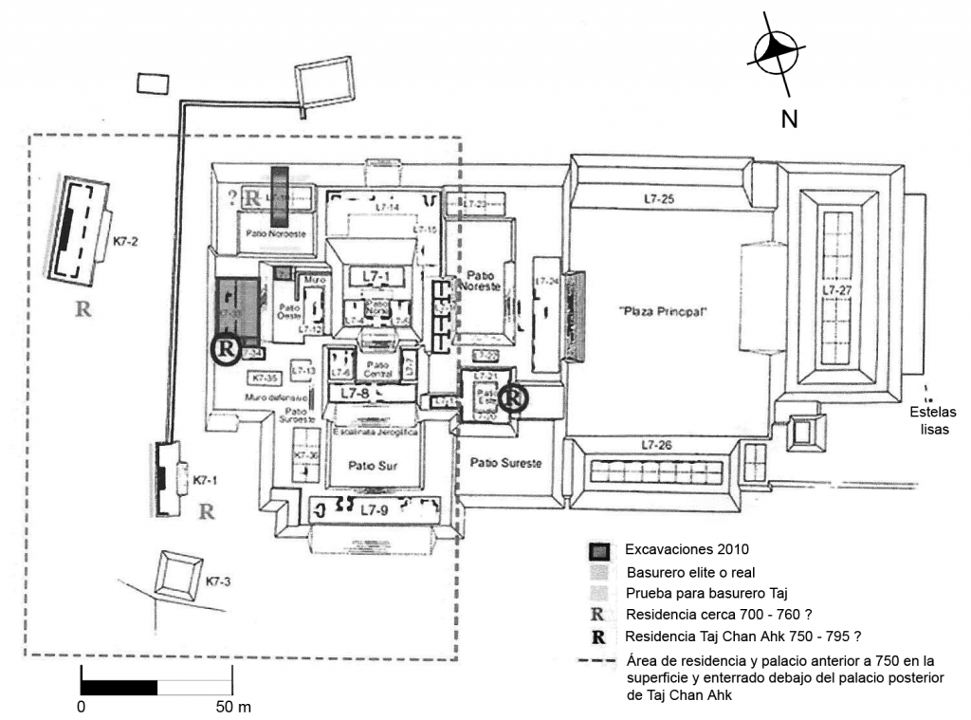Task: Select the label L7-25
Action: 657,199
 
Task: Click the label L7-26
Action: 657,445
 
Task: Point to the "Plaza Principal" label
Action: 664,311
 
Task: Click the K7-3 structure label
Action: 218,580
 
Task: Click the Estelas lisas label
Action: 935,420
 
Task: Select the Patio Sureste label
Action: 505,462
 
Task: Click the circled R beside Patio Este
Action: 512,397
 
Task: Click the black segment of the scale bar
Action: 119,686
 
